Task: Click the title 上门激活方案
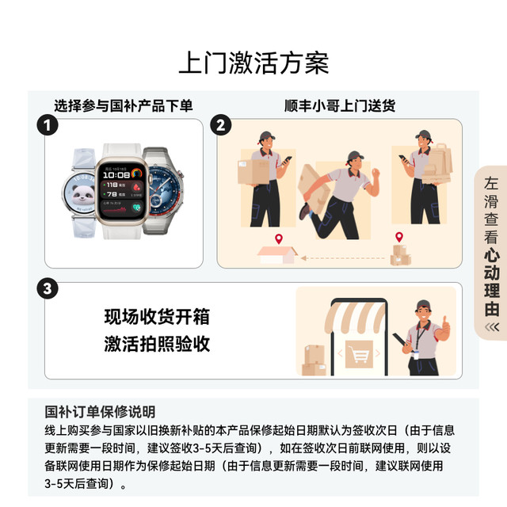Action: click(253, 63)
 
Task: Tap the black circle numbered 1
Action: click(49, 125)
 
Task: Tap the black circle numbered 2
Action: click(223, 125)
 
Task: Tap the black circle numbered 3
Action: click(49, 288)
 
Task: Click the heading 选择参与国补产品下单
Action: click(124, 105)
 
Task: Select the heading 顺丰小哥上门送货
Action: click(340, 105)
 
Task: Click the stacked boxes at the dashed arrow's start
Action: click(400, 253)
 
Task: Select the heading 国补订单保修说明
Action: click(100, 412)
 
